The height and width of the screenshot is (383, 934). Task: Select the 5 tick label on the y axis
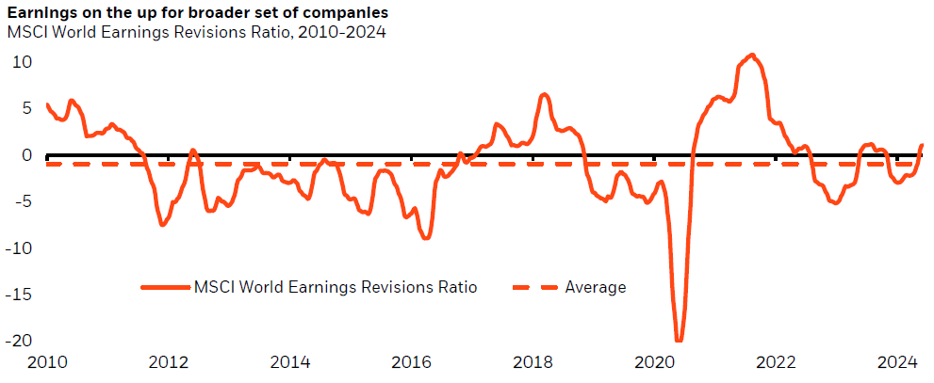click(26, 108)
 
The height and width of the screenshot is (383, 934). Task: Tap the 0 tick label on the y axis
click(26, 155)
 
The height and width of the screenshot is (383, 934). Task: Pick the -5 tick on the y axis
click(23, 201)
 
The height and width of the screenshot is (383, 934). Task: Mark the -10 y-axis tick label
click(19, 248)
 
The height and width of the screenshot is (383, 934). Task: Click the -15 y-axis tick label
click(19, 295)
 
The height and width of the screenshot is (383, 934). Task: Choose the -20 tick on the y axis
click(19, 341)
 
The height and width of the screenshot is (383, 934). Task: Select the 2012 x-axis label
click(168, 363)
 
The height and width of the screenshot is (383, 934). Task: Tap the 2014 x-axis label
click(289, 363)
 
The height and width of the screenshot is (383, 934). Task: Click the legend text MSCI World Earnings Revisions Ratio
click(336, 287)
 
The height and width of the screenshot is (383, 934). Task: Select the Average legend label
click(596, 287)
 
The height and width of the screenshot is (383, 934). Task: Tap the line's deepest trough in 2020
click(679, 340)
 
